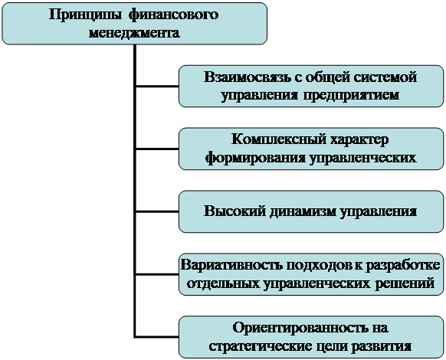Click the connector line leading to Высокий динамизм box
(x=157, y=211)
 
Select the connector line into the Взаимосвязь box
(x=157, y=87)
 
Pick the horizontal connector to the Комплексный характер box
(x=157, y=149)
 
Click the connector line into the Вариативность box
(x=157, y=274)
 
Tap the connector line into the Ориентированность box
(x=157, y=336)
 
